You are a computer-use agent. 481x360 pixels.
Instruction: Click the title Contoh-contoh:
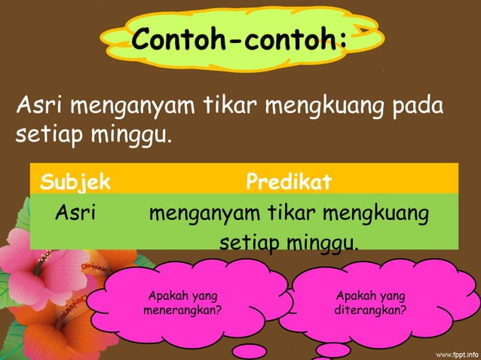click(x=240, y=38)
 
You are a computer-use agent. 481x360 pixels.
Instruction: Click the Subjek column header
click(x=75, y=182)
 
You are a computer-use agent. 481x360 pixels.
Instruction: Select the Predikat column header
click(x=290, y=182)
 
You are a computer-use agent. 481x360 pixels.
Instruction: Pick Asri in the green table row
click(x=75, y=213)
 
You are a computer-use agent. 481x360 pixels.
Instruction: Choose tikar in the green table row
click(x=289, y=213)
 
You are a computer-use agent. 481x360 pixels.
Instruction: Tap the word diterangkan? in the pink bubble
click(x=370, y=310)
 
